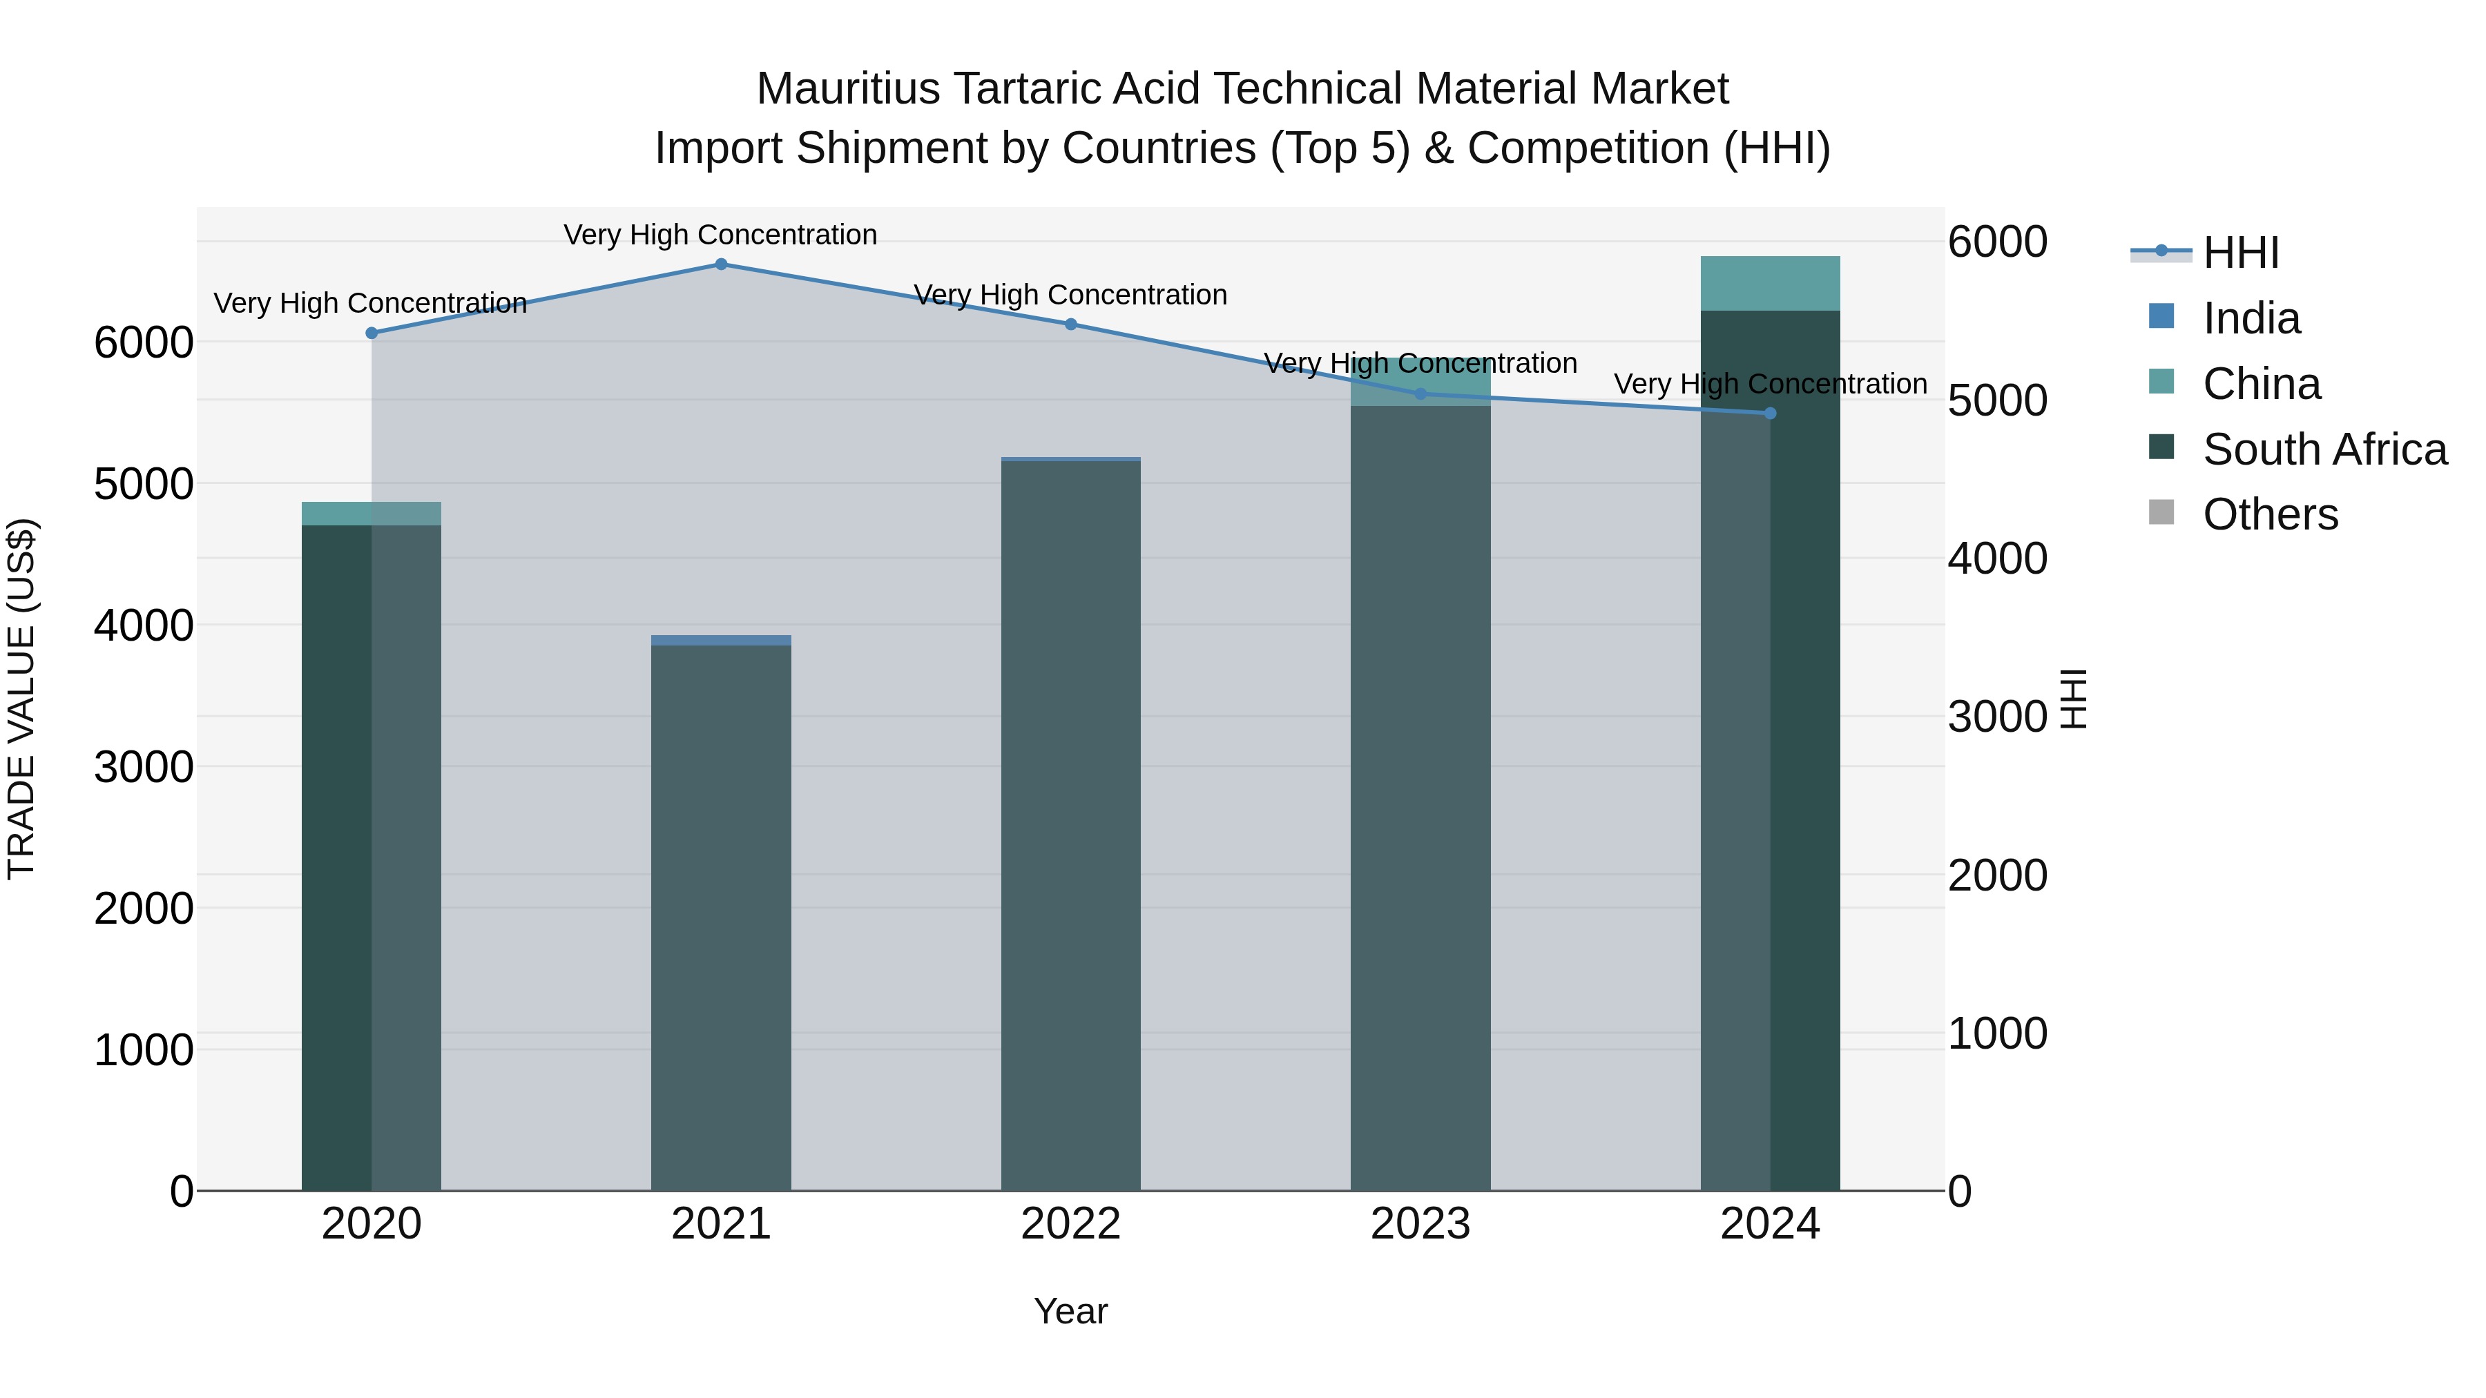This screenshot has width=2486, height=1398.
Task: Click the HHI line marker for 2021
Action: pos(721,264)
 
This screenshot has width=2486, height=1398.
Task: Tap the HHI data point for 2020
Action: pos(372,333)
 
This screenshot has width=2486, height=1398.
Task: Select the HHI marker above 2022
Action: pos(1070,324)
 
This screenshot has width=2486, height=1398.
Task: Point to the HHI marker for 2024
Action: pos(1770,413)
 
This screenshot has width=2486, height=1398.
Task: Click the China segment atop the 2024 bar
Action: pos(1770,284)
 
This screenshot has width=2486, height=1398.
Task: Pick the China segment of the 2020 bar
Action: pos(372,513)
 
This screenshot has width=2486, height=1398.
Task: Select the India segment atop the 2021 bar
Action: pos(721,641)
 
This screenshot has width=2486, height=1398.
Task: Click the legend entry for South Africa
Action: pos(2324,449)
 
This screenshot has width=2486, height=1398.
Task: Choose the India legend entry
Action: pos(2251,318)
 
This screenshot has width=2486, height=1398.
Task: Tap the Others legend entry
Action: pos(2270,515)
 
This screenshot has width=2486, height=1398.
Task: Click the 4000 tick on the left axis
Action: pos(143,625)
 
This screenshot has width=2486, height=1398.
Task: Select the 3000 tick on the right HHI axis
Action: pos(1996,717)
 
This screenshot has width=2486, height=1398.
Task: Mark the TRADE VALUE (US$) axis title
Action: pos(22,699)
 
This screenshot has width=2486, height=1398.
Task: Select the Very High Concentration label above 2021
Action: pos(720,235)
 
